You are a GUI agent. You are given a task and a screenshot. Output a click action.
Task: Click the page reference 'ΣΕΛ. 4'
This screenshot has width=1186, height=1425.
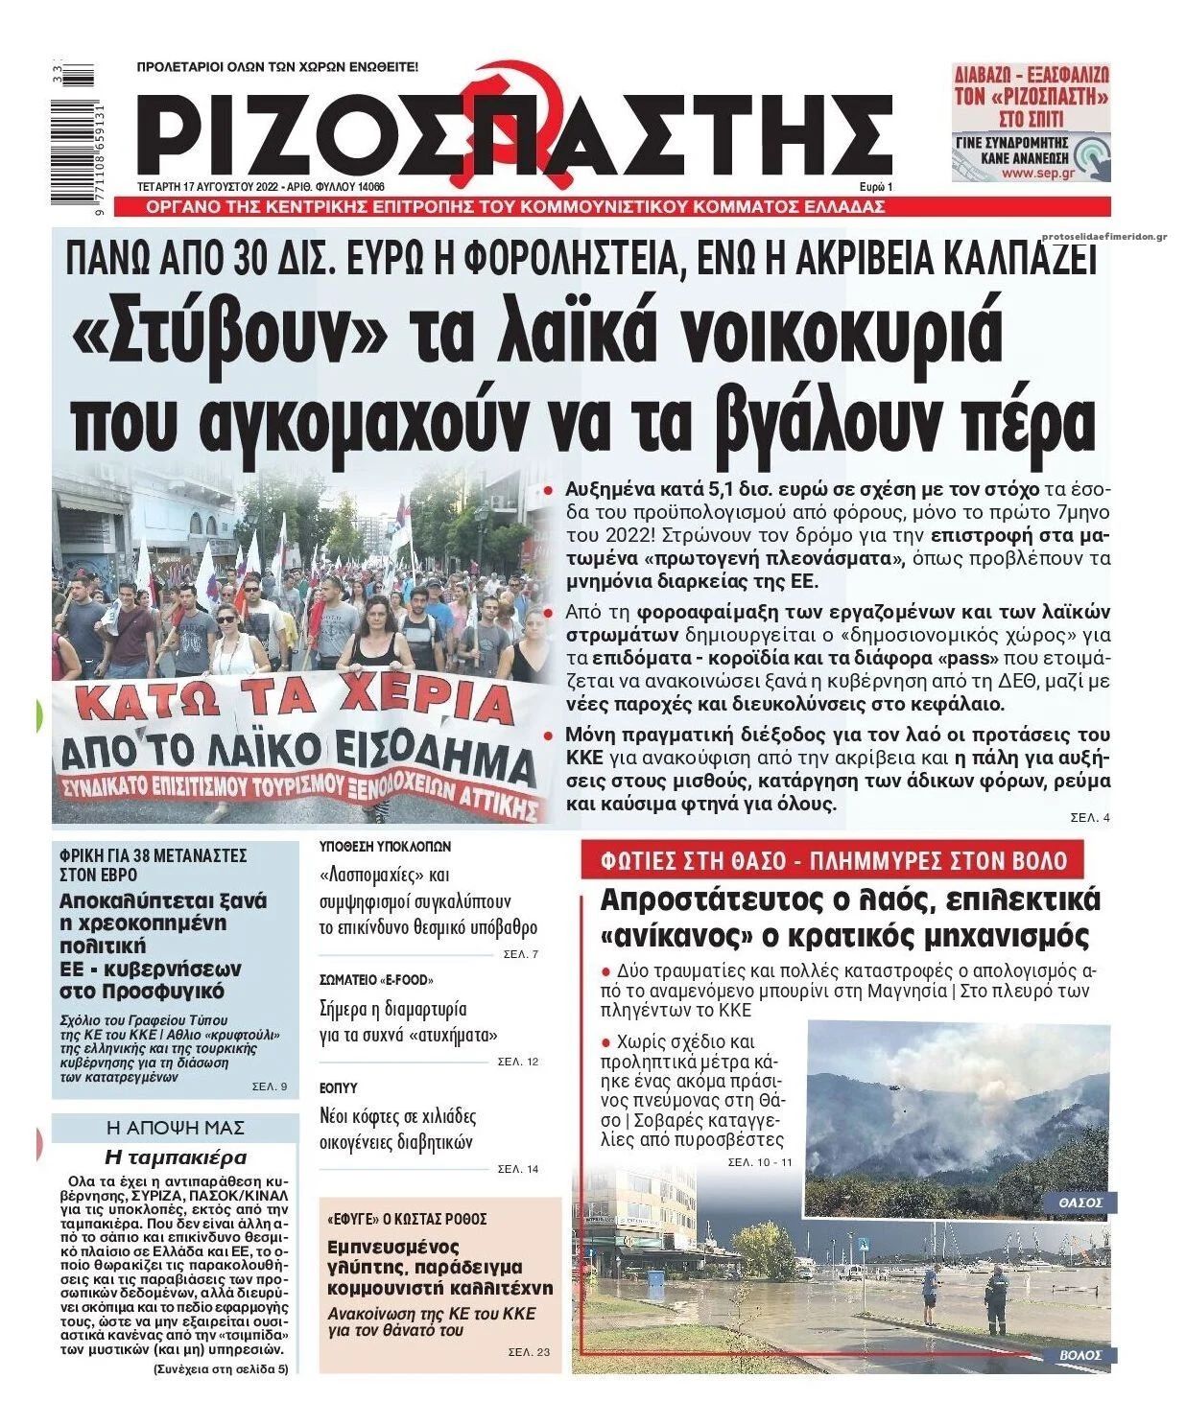[1089, 818]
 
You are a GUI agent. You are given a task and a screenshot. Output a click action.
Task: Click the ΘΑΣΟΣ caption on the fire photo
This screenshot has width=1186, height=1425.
[1079, 1202]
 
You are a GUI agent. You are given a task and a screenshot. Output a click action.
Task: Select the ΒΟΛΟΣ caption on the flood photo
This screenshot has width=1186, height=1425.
[1080, 1355]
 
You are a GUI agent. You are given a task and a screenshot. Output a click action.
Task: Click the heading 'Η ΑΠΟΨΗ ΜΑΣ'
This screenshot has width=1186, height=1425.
[175, 1127]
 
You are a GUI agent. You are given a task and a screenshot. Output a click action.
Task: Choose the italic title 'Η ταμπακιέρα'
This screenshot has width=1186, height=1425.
[175, 1156]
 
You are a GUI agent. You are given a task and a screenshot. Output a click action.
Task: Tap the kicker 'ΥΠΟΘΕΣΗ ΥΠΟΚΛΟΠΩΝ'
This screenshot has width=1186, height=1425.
[385, 847]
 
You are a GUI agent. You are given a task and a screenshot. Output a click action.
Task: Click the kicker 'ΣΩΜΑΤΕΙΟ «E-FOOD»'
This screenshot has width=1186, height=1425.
[376, 980]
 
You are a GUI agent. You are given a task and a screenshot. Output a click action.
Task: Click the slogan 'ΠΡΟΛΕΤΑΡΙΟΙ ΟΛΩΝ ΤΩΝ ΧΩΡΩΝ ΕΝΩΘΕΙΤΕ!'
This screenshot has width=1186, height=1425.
[278, 68]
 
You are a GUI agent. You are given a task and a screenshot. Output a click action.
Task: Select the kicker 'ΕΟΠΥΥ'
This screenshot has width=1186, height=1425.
[339, 1088]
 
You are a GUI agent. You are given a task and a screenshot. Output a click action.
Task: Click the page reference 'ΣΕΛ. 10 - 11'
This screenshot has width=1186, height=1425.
[760, 1162]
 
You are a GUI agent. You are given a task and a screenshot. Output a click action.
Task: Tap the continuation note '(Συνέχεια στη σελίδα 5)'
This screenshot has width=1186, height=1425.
[220, 1369]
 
